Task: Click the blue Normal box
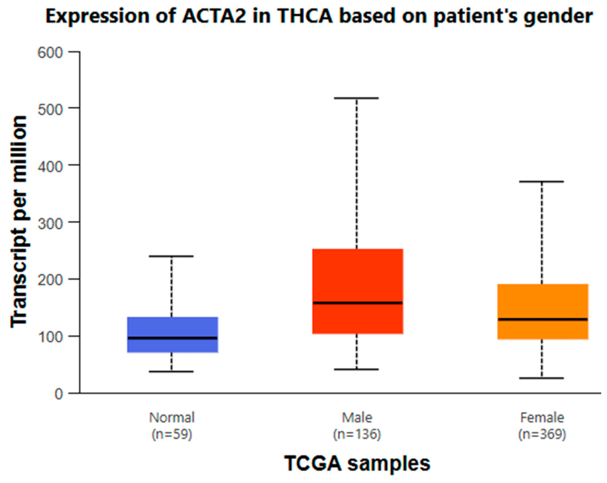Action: pos(173,334)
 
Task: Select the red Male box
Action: pos(358,291)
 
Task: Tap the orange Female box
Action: pos(543,312)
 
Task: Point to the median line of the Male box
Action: pos(358,303)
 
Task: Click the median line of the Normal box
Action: pos(173,338)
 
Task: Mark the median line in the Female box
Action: pos(543,319)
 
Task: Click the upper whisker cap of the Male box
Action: pos(357,98)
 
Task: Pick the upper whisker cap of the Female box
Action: pos(541,181)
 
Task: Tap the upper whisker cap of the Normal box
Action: pos(172,256)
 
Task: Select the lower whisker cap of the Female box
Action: pos(541,378)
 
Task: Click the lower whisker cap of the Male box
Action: pos(357,370)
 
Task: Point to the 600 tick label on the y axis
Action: pos(50,52)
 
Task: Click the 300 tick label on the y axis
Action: pos(50,224)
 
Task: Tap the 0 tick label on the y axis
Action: pos(58,394)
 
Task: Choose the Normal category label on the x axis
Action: pos(172,417)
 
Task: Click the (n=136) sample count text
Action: pos(357,434)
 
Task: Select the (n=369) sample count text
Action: pos(542,434)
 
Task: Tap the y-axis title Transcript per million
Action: pos(19,222)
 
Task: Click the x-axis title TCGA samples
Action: pos(357,463)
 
